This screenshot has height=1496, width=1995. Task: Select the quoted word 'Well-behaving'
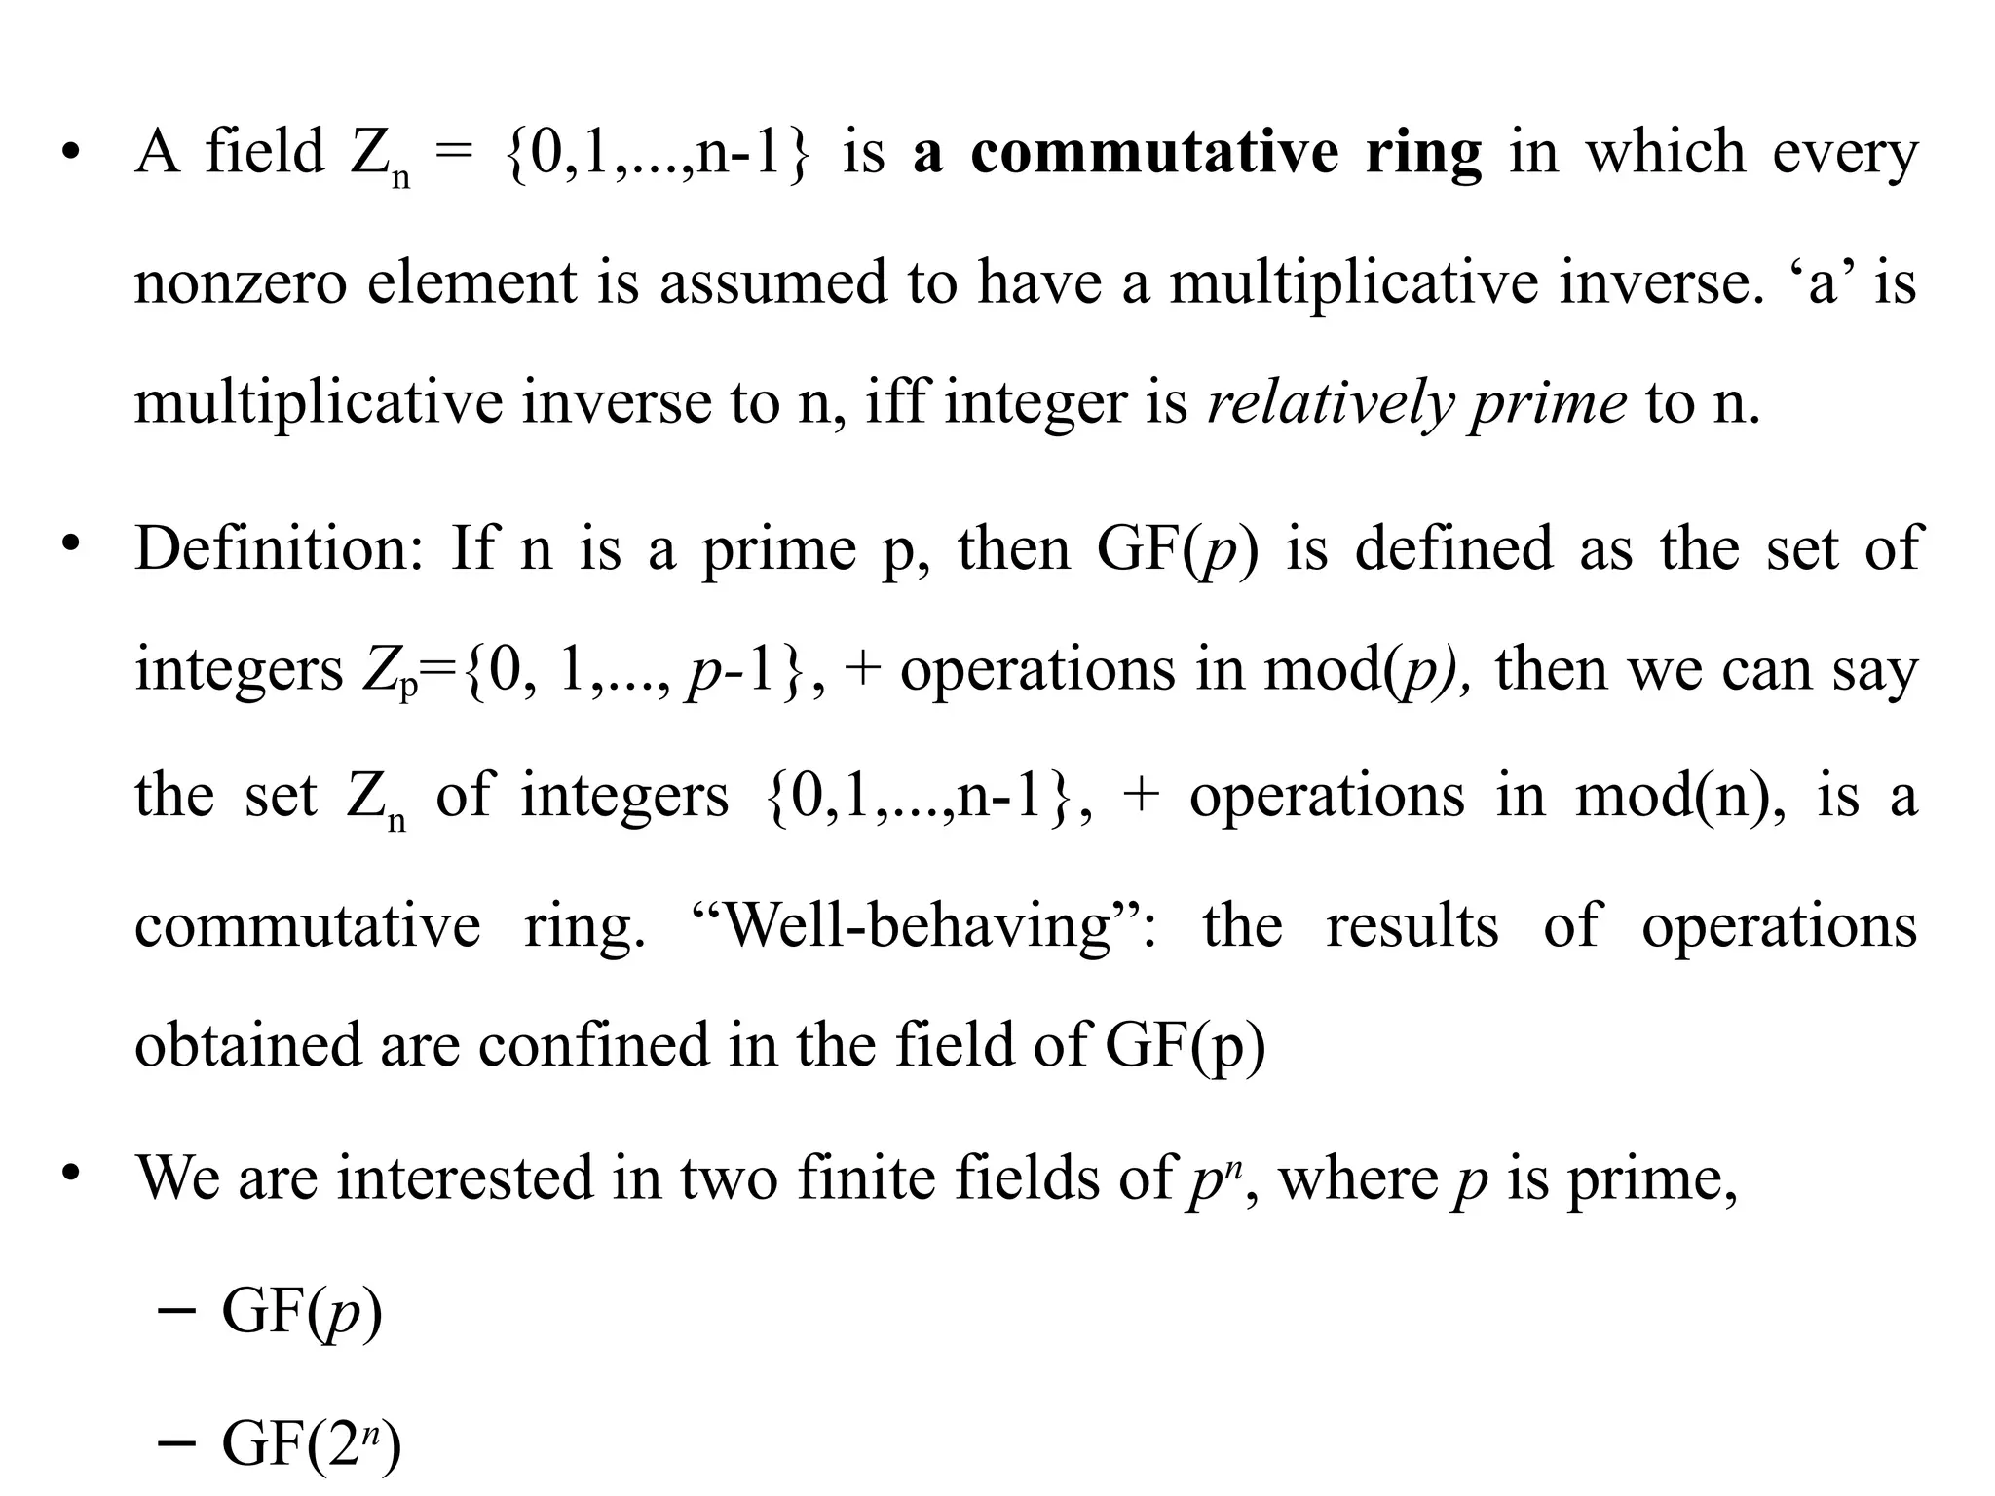(x=919, y=926)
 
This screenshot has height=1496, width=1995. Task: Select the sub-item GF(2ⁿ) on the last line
(x=311, y=1443)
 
